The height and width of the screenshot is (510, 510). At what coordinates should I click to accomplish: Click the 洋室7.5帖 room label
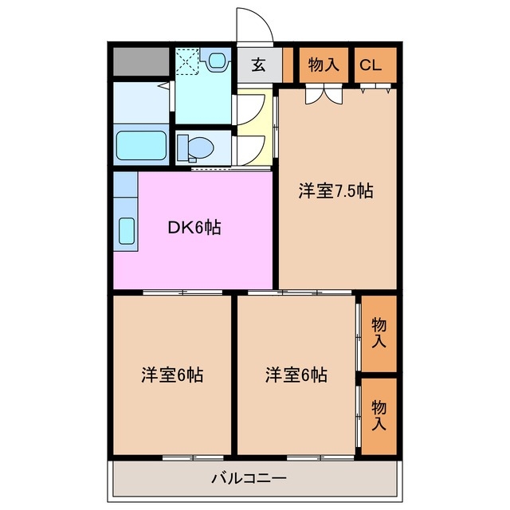[336, 191]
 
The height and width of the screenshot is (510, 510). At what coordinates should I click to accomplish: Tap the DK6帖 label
[194, 228]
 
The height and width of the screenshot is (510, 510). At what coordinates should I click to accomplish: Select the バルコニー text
[249, 479]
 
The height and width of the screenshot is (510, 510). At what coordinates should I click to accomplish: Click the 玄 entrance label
[259, 65]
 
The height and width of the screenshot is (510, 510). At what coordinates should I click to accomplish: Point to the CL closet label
[370, 65]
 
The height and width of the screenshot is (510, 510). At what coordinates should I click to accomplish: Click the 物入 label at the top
[324, 65]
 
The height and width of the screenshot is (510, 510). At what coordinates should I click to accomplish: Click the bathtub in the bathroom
[141, 145]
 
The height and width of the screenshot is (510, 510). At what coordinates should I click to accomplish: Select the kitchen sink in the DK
[126, 230]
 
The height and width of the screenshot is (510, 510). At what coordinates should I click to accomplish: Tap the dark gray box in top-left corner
[141, 61]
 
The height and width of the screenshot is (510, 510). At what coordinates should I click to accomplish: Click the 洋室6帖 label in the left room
[172, 374]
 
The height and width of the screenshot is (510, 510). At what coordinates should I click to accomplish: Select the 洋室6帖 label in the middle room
[296, 374]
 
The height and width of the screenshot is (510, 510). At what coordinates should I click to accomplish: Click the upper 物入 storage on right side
[379, 332]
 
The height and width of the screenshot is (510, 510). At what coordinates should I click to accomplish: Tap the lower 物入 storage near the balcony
[379, 414]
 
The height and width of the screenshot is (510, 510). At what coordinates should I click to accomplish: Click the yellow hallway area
[253, 127]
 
